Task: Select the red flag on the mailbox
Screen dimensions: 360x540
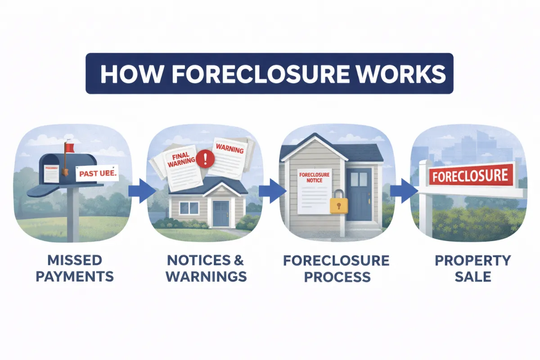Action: [x=69, y=147]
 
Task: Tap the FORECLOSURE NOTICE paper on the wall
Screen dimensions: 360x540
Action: [x=314, y=191]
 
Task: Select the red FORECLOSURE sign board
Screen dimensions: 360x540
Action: [x=471, y=175]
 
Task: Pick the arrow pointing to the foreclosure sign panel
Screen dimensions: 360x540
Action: [x=399, y=189]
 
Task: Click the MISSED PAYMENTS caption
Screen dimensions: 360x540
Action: [x=75, y=268]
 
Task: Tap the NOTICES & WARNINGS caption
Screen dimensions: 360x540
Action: [x=206, y=268]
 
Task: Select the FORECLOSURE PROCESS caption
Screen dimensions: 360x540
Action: [x=337, y=268]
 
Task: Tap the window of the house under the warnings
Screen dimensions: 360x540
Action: [x=189, y=208]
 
